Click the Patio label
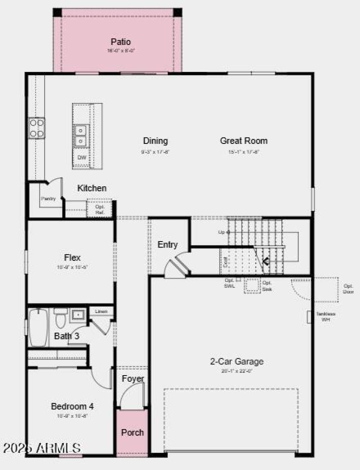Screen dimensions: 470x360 pos(121,42)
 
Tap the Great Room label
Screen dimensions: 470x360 pos(243,141)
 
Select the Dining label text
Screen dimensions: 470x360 pos(155,141)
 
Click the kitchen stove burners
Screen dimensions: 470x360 pos(37,127)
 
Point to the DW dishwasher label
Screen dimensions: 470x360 pos(81,157)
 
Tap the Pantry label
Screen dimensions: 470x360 pos(48,198)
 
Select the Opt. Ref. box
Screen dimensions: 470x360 pos(99,209)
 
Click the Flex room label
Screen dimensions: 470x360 pos(72,258)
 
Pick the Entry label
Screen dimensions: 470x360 pos(167,245)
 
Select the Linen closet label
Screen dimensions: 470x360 pos(101,311)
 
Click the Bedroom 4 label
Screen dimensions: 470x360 pos(72,406)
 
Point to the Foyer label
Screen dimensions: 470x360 pos(133,379)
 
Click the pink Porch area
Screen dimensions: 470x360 pos(132,432)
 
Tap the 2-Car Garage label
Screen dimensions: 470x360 pos(237,361)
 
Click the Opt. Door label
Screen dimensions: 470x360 pos(348,289)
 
